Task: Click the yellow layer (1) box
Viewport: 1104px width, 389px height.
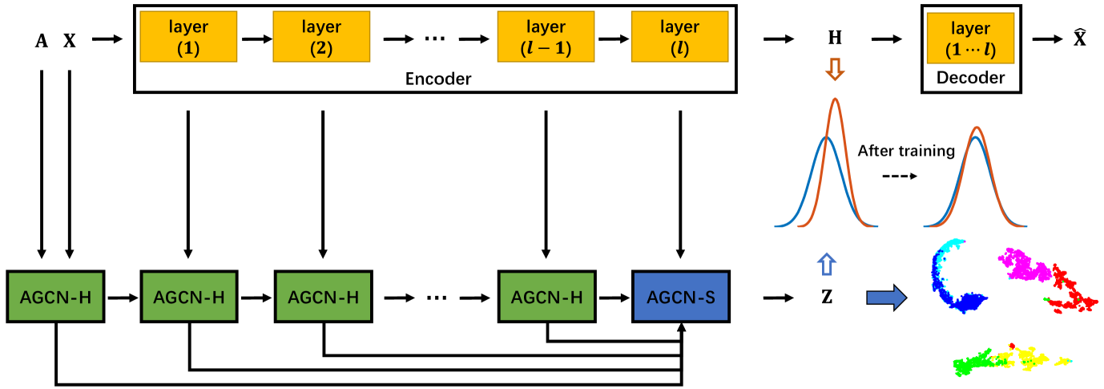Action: [188, 37]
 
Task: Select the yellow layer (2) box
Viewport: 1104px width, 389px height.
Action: [321, 37]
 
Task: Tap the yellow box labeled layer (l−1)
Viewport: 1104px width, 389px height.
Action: [546, 37]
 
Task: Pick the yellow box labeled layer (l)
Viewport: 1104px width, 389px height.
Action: [679, 37]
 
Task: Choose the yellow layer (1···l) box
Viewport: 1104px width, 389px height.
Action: [971, 38]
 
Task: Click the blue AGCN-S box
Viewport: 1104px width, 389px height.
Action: [680, 297]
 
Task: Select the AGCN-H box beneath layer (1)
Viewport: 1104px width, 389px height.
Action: [188, 297]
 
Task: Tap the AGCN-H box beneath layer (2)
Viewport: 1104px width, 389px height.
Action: [323, 297]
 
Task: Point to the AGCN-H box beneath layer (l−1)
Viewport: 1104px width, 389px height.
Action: [547, 297]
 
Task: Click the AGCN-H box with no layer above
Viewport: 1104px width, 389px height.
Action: [55, 297]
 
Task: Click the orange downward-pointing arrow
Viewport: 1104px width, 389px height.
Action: [835, 71]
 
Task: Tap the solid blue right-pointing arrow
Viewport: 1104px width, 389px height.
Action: [886, 298]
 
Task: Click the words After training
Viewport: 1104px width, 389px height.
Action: [906, 151]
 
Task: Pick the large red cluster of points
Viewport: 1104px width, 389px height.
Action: [1070, 293]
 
